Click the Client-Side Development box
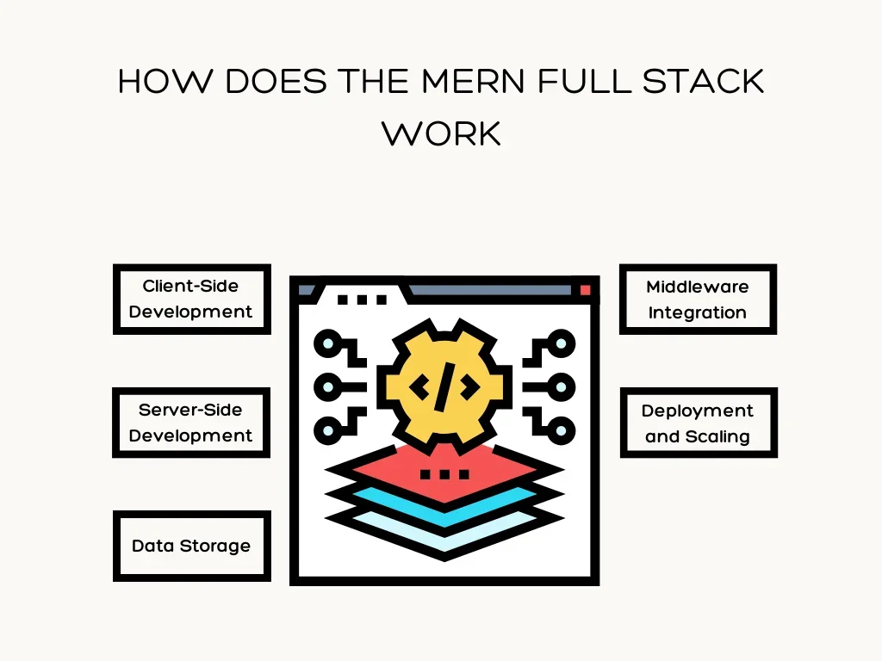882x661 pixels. pyautogui.click(x=191, y=299)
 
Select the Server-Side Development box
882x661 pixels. pyautogui.click(x=191, y=423)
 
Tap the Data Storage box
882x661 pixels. pyautogui.click(x=191, y=546)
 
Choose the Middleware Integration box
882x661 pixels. pyautogui.click(x=698, y=300)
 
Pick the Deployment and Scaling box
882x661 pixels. pyautogui.click(x=698, y=423)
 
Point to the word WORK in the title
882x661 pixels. pyautogui.click(x=441, y=133)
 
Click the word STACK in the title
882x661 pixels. pyautogui.click(x=704, y=83)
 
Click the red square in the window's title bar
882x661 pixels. pyautogui.click(x=586, y=290)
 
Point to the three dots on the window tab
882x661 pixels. pyautogui.click(x=362, y=300)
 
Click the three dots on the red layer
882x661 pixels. pyautogui.click(x=444, y=474)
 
